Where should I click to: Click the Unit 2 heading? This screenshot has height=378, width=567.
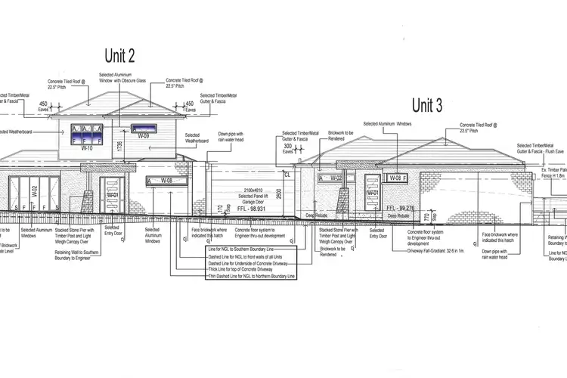[119, 55]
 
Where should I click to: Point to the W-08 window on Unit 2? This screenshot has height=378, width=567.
[161, 181]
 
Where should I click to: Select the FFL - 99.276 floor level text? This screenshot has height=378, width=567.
[401, 207]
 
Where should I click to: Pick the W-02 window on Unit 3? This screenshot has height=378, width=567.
[330, 178]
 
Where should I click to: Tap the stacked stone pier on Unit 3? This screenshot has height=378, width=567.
[344, 201]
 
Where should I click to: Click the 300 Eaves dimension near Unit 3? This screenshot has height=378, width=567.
[288, 150]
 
